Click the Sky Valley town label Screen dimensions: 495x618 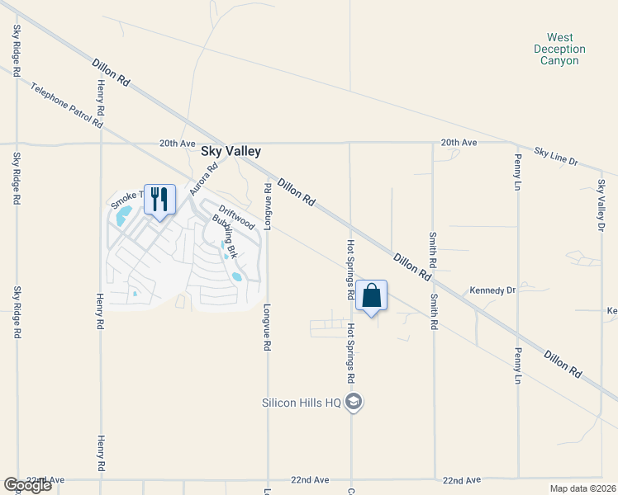231,152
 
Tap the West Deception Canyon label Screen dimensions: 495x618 559,49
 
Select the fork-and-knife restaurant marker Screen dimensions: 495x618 160,199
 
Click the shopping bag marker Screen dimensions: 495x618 372,296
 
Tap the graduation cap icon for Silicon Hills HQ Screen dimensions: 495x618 354,403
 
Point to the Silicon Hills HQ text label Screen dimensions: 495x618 301,403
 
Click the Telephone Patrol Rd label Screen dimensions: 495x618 67,105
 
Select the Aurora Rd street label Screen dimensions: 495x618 203,178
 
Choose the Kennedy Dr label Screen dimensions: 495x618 492,290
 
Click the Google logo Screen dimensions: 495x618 27,485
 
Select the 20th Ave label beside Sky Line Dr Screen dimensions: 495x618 459,143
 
